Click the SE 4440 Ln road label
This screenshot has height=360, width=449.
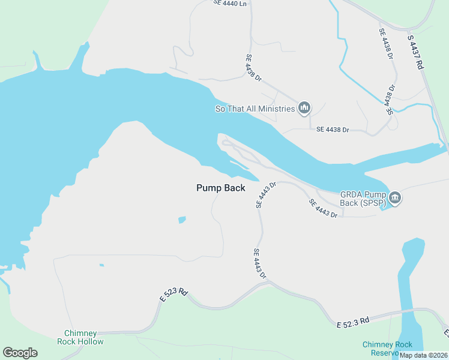coord(230,4)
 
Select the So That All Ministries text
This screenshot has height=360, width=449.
coord(255,109)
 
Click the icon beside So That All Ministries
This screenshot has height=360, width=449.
coord(304,108)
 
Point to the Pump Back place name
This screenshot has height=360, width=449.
coord(221,188)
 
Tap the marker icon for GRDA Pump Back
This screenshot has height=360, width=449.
coord(395,197)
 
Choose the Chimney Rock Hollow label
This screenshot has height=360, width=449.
coord(80,337)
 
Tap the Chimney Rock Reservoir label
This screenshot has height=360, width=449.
coord(387,348)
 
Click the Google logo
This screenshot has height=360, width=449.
coord(20,352)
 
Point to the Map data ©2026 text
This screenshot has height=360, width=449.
coord(423,355)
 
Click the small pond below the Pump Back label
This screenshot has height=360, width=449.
coord(182,220)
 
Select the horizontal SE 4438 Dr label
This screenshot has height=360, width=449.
coord(333,130)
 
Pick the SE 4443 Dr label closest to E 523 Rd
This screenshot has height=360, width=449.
coord(259,264)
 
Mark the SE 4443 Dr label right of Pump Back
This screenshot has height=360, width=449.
coord(265,195)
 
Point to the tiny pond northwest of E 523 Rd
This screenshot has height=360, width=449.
coord(101,265)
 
